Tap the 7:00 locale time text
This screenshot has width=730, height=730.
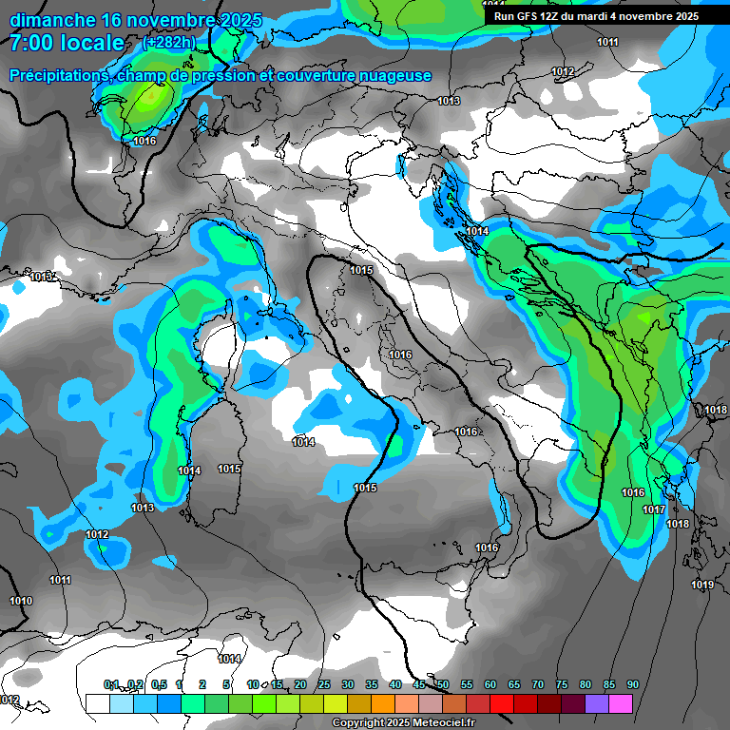(x=67, y=43)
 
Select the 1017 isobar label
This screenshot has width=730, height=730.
(x=654, y=510)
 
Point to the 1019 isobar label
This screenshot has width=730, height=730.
(x=702, y=585)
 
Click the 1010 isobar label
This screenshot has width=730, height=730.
(x=21, y=601)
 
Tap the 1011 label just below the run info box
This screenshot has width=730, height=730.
(x=607, y=43)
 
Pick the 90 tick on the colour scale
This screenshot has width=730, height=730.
(x=632, y=685)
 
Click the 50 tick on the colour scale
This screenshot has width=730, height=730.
(x=443, y=685)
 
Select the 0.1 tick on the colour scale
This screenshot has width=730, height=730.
(x=111, y=685)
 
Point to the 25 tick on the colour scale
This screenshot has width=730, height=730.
(x=324, y=685)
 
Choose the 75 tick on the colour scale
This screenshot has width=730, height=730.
(x=562, y=685)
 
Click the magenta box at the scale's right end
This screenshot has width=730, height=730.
(x=621, y=703)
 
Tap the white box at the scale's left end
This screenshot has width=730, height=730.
(x=97, y=703)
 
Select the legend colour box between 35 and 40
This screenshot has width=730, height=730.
(x=383, y=703)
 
